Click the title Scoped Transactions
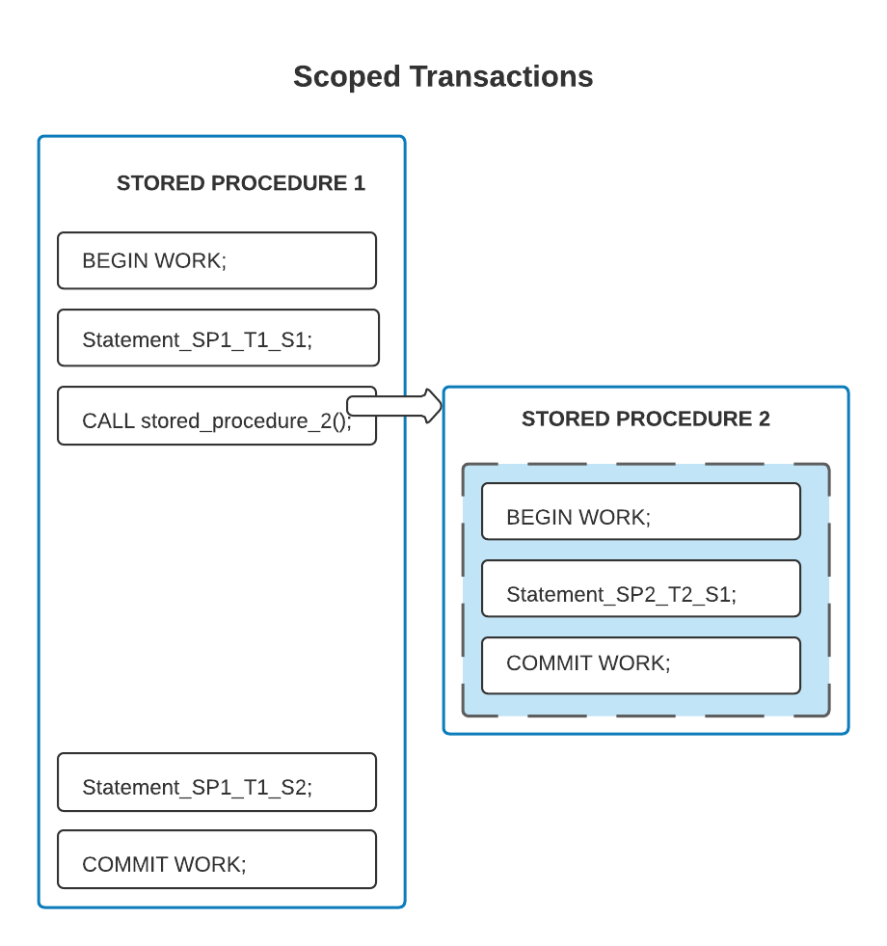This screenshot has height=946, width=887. coord(443,76)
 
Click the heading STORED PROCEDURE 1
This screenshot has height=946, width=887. coord(240,183)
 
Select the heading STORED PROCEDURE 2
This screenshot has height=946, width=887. coord(645,419)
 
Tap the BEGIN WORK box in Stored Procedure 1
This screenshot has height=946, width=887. coord(216,260)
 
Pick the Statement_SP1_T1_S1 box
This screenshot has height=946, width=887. coord(218,338)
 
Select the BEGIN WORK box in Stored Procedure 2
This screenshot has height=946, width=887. coord(640,511)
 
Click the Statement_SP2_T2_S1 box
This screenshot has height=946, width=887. coord(640,588)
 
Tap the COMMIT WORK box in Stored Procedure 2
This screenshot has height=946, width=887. coord(640,665)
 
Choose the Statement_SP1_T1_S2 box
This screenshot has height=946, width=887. coord(216,782)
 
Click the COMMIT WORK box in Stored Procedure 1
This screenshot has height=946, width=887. coord(216,859)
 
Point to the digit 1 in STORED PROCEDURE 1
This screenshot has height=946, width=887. coord(359,183)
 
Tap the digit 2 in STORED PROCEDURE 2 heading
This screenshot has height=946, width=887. coord(764,419)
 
